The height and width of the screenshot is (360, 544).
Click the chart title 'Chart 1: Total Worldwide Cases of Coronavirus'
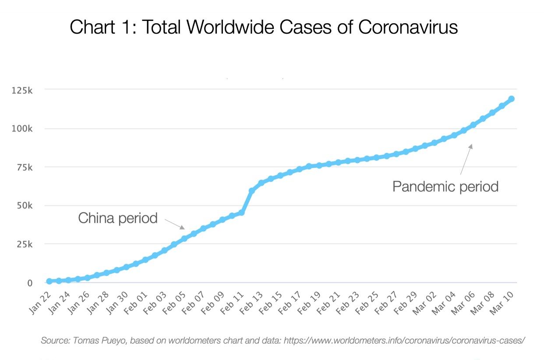click(x=264, y=27)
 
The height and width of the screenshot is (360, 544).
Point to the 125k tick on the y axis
click(x=22, y=90)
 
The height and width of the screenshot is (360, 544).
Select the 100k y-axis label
click(x=22, y=129)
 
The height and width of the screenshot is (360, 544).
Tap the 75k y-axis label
click(x=24, y=167)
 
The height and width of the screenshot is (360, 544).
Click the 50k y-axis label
click(x=24, y=206)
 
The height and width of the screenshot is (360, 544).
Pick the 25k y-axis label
click(x=24, y=244)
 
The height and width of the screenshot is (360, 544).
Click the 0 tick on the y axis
click(x=30, y=283)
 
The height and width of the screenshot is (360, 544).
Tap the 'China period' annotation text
click(x=117, y=218)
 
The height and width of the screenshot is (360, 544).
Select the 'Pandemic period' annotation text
click(x=445, y=187)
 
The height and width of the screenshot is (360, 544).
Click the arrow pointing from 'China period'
click(x=175, y=224)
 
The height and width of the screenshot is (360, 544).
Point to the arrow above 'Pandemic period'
click(x=466, y=159)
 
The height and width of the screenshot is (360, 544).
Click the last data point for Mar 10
click(x=511, y=99)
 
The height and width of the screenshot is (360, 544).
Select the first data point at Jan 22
click(x=49, y=281)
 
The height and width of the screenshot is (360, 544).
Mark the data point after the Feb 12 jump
click(x=252, y=191)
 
